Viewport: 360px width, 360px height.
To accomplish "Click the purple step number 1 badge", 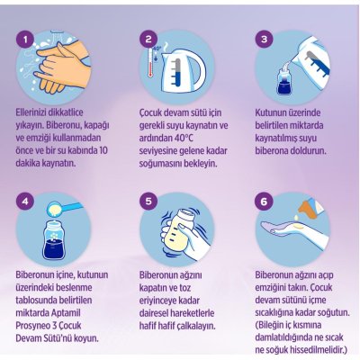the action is click(25, 40).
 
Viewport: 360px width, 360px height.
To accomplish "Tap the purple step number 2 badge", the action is click(148, 40).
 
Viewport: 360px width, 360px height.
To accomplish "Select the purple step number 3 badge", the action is click(265, 40).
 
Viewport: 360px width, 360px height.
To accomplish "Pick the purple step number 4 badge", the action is click(25, 202).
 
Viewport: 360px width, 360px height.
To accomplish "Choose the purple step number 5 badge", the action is click(148, 202).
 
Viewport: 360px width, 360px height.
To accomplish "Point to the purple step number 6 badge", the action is click(265, 202).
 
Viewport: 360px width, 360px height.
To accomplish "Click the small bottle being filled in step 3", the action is click(283, 80).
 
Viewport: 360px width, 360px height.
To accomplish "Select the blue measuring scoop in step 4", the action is click(65, 209).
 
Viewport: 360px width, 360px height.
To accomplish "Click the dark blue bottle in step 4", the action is click(54, 241).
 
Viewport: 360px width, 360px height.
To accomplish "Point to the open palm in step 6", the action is click(288, 229).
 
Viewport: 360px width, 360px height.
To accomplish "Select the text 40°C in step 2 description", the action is click(183, 138).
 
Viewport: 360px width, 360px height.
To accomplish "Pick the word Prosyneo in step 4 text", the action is click(32, 326).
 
